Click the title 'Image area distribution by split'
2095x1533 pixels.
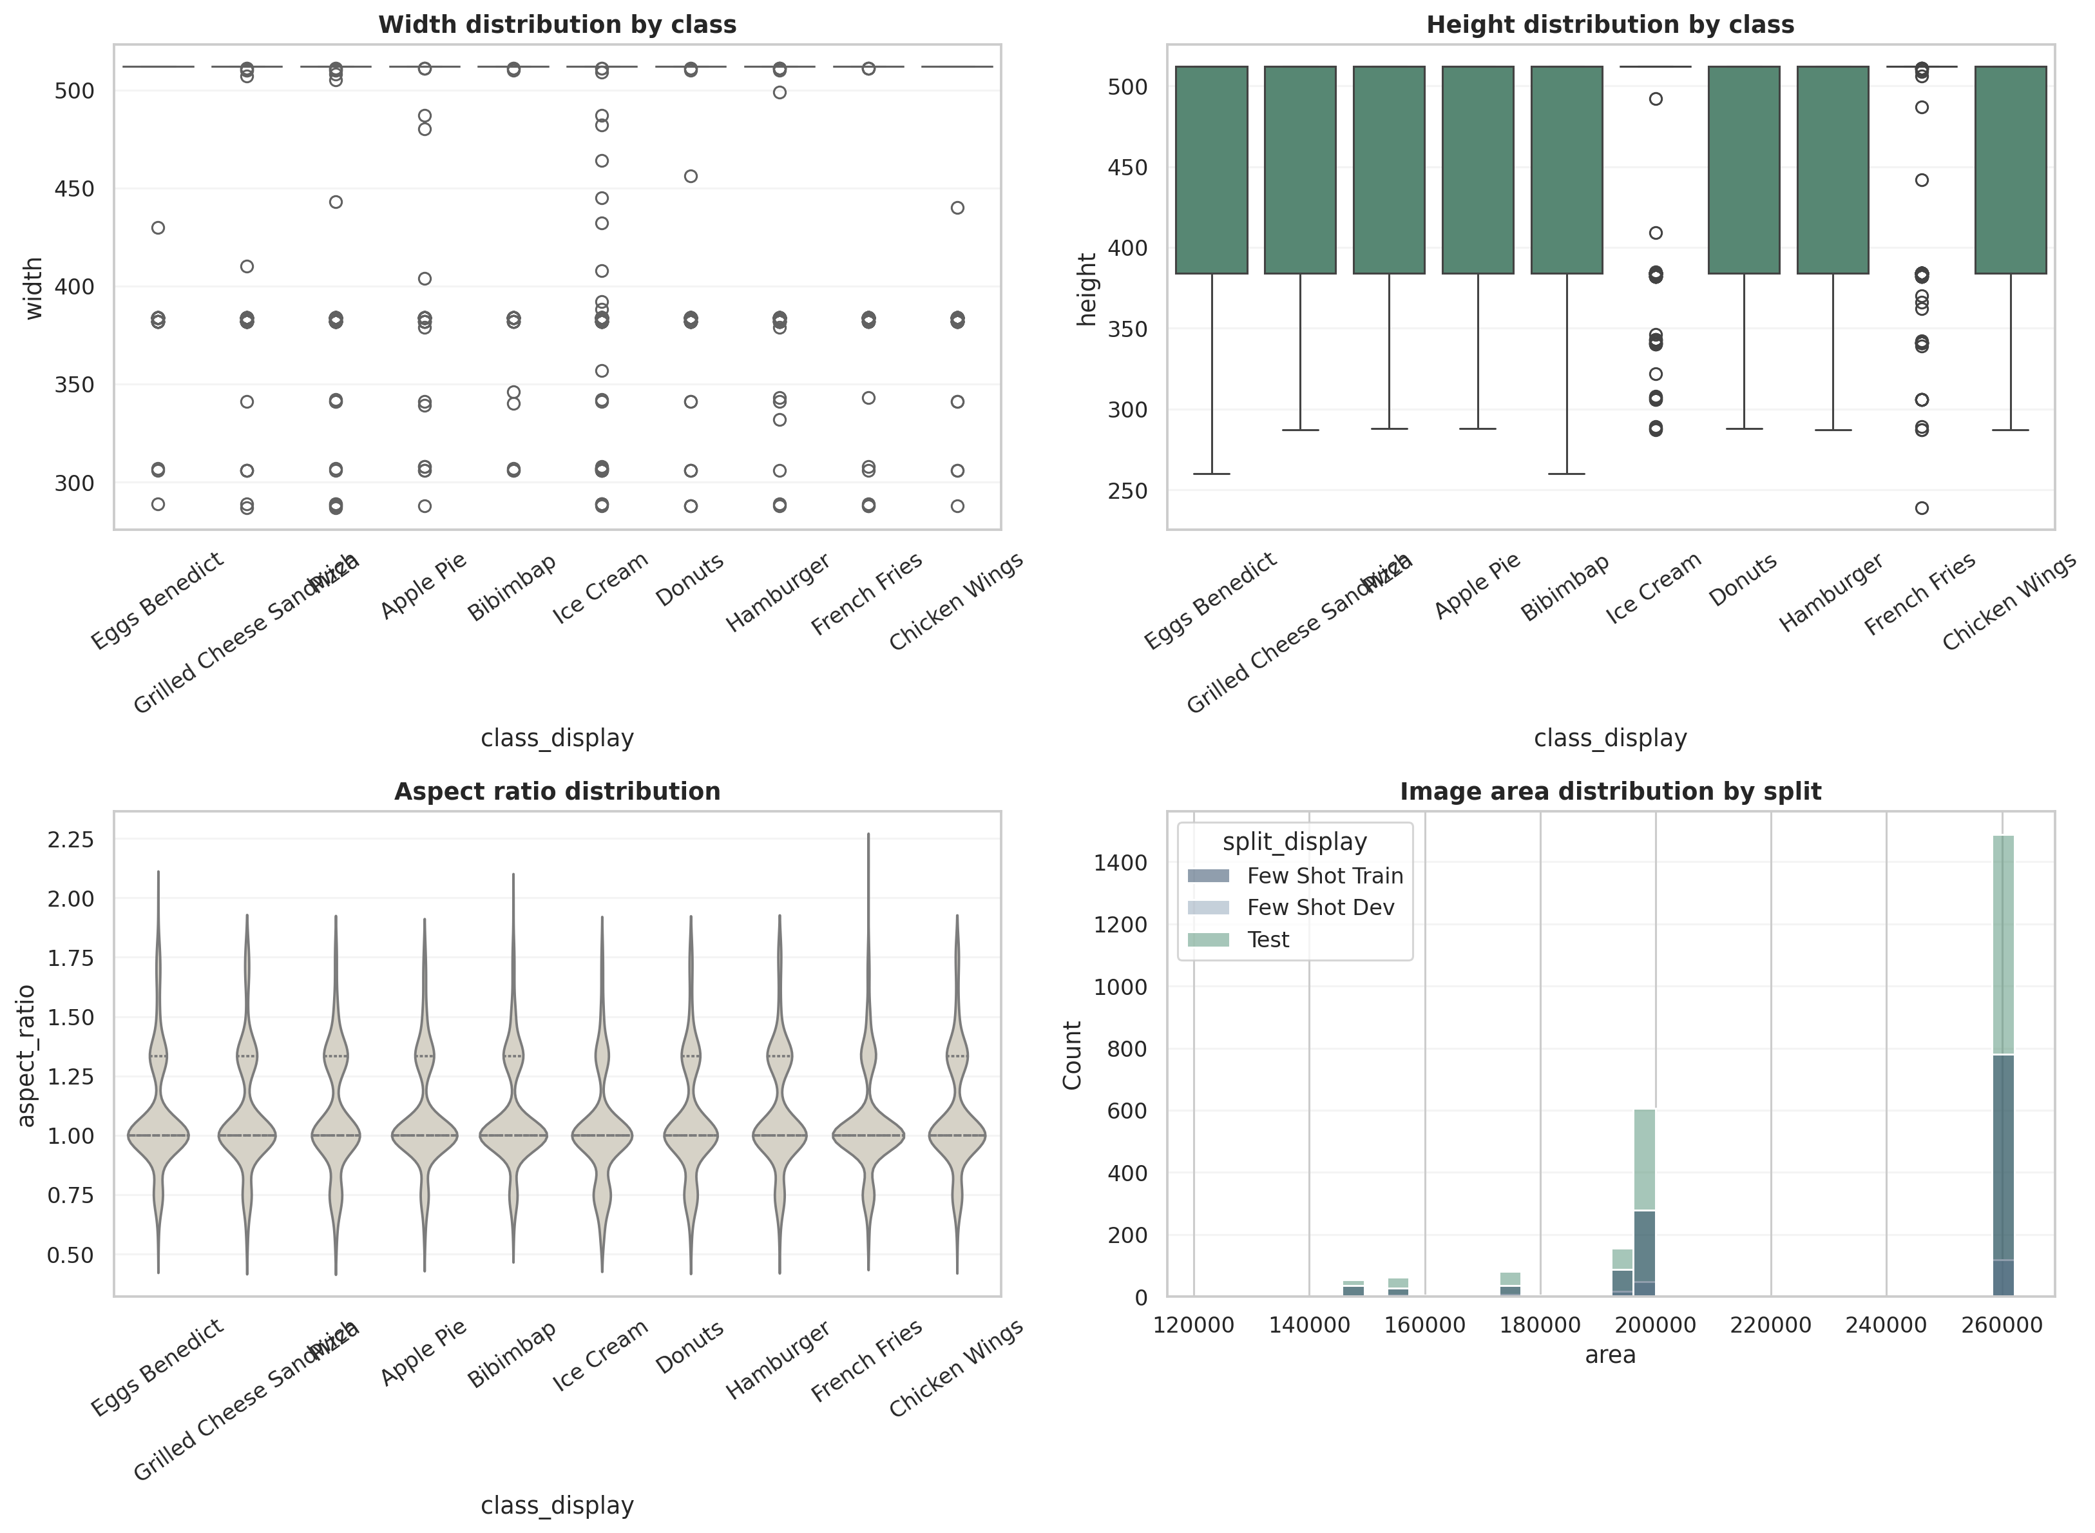pos(1610,791)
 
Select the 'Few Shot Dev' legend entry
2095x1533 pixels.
pos(1319,907)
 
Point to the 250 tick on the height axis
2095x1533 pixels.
pos(1127,491)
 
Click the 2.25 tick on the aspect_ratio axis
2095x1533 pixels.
pos(70,840)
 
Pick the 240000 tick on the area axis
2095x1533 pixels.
pos(1886,1325)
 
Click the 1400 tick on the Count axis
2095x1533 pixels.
pos(1121,863)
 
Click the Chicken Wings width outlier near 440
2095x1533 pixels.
pos(957,208)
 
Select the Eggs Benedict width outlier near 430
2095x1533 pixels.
pos(158,227)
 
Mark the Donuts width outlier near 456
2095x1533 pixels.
pos(691,177)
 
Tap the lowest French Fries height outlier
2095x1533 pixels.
pos(1922,508)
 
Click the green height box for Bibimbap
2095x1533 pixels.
pos(1566,170)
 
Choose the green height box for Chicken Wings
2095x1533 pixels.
pos(2011,170)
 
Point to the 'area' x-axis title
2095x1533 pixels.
pos(1610,1355)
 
